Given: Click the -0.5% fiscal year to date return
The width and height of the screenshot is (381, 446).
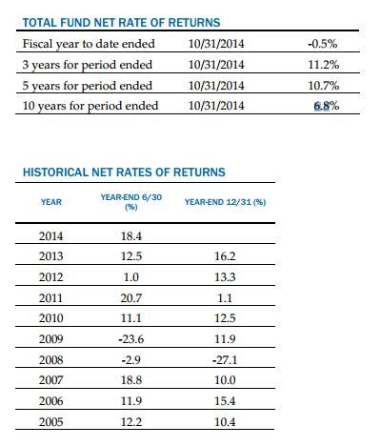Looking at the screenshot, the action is point(323,44).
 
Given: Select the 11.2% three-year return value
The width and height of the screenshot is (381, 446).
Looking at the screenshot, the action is point(324,65).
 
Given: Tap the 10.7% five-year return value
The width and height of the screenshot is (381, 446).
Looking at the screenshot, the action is point(324,86).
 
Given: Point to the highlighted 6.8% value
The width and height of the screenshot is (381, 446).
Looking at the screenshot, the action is point(327,106).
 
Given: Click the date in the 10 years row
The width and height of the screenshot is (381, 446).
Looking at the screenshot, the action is point(216,106).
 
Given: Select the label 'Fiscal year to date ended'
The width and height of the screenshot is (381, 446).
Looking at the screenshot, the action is point(89,44).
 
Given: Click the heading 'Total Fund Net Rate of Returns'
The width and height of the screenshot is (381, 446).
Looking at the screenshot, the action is point(121,23).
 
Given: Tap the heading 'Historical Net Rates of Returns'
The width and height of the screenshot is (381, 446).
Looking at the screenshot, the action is point(124,172).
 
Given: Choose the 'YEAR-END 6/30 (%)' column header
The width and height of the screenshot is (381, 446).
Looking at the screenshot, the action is point(131,202).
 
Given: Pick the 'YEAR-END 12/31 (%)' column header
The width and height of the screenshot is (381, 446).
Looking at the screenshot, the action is point(225,202).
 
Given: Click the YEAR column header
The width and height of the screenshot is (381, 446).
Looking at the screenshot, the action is point(51,202).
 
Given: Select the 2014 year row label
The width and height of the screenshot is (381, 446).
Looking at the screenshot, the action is point(50,236).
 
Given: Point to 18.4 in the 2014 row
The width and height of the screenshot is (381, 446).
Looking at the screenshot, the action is point(131,236).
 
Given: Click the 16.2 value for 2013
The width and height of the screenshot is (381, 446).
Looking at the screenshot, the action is point(225,256).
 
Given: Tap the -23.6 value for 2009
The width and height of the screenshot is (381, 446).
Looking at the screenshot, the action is point(130,339).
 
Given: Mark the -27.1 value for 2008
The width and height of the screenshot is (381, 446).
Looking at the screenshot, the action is point(225,360).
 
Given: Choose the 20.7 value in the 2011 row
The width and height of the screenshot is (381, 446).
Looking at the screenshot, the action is point(131,298).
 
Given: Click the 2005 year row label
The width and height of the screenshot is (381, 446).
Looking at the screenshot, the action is point(50,422).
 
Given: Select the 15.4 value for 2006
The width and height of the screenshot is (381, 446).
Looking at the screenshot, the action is point(225,401).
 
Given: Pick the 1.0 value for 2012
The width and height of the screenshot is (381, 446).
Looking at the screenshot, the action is point(130,277).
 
